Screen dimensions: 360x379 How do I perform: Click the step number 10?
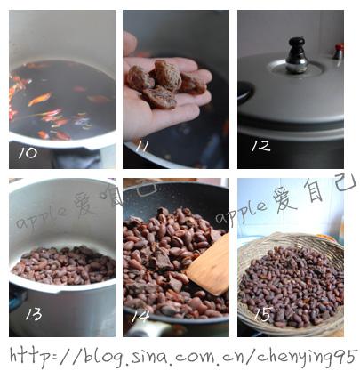pyautogui.click(x=28, y=153)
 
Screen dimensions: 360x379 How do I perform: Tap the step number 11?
pyautogui.click(x=141, y=146)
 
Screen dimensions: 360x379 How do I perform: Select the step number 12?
pyautogui.click(x=260, y=146)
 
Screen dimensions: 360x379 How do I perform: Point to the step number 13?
pyautogui.click(x=34, y=314)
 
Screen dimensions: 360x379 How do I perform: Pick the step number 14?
pyautogui.click(x=140, y=317)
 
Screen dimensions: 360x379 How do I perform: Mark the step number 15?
pyautogui.click(x=263, y=314)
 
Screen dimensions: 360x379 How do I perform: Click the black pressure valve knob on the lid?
pyautogui.click(x=297, y=55)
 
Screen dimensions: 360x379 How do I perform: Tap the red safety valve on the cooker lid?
pyautogui.click(x=338, y=51)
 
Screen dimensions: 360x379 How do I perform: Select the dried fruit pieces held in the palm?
pyautogui.click(x=166, y=83)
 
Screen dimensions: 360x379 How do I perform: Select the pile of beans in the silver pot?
pyautogui.click(x=64, y=265)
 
